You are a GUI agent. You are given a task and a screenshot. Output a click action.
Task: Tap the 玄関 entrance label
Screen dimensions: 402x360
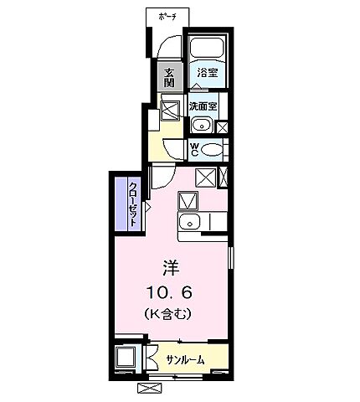point(169,76)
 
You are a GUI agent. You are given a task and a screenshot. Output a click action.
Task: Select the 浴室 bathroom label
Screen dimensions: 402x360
point(207,73)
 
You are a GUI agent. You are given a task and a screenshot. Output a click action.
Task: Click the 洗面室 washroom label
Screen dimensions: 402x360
point(203,106)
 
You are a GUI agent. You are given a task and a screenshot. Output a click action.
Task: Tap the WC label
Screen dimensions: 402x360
point(194,151)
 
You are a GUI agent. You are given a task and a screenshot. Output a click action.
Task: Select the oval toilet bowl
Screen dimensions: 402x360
point(213,151)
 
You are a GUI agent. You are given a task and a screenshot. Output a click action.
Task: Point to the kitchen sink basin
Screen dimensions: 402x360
point(191,222)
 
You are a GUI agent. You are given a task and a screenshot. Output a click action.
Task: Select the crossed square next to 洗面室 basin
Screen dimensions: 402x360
point(223,127)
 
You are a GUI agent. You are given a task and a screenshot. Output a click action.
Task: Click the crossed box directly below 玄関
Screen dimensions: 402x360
point(170,111)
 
